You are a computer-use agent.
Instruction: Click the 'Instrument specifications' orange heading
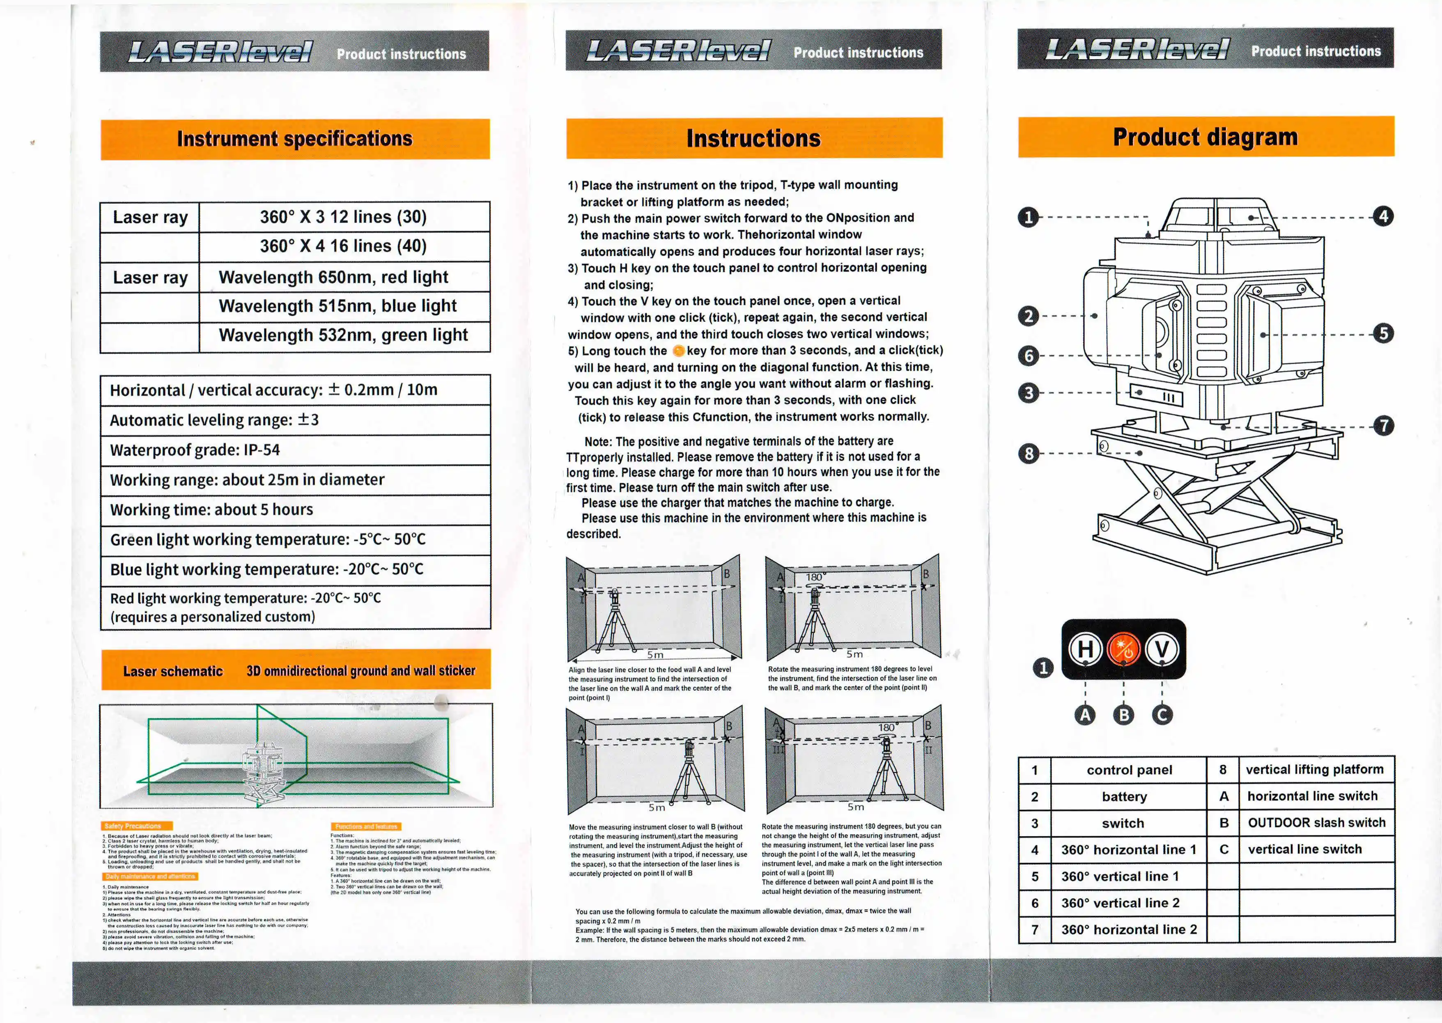295,139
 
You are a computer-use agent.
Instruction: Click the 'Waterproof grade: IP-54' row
295,450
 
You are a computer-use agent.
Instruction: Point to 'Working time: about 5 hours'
295,509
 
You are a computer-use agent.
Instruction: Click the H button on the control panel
1086,649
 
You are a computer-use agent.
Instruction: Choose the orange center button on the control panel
1123,649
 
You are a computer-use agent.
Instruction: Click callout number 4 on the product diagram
1383,217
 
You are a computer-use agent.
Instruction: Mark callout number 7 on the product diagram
1383,426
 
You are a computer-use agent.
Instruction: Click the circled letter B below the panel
1123,715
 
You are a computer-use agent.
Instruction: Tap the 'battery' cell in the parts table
1125,797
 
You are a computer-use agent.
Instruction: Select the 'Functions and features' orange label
366,826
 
